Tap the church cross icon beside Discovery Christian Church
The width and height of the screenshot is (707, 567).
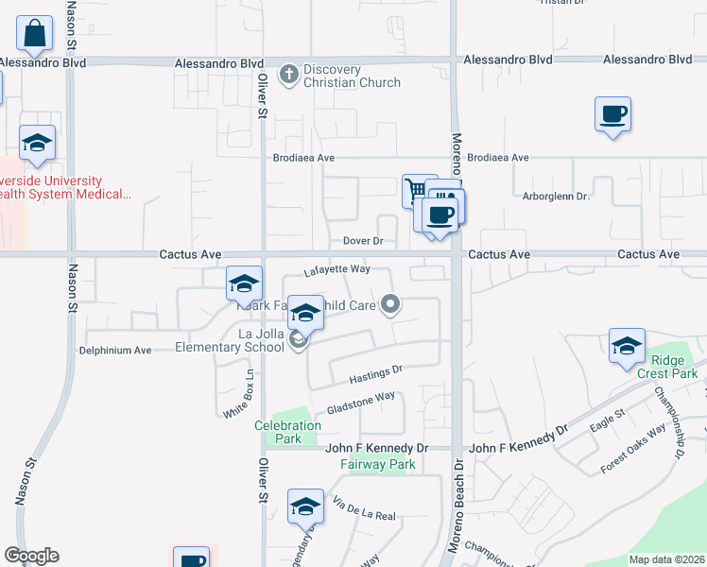click(x=288, y=72)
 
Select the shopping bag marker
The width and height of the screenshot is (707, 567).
click(x=35, y=35)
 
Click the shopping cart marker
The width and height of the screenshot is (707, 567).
click(x=415, y=189)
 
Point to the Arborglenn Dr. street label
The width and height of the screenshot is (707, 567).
click(x=556, y=197)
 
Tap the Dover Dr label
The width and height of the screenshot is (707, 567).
click(x=363, y=242)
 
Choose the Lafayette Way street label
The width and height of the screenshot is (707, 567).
click(x=336, y=270)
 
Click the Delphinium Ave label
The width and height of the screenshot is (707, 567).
click(x=114, y=350)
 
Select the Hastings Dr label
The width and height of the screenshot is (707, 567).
click(x=376, y=374)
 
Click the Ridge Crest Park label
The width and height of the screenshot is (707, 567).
click(x=673, y=367)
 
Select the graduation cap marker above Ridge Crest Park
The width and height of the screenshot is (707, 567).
click(x=627, y=346)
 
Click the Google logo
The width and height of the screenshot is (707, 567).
click(x=31, y=556)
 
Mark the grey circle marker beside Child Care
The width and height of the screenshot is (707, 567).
click(x=391, y=304)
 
